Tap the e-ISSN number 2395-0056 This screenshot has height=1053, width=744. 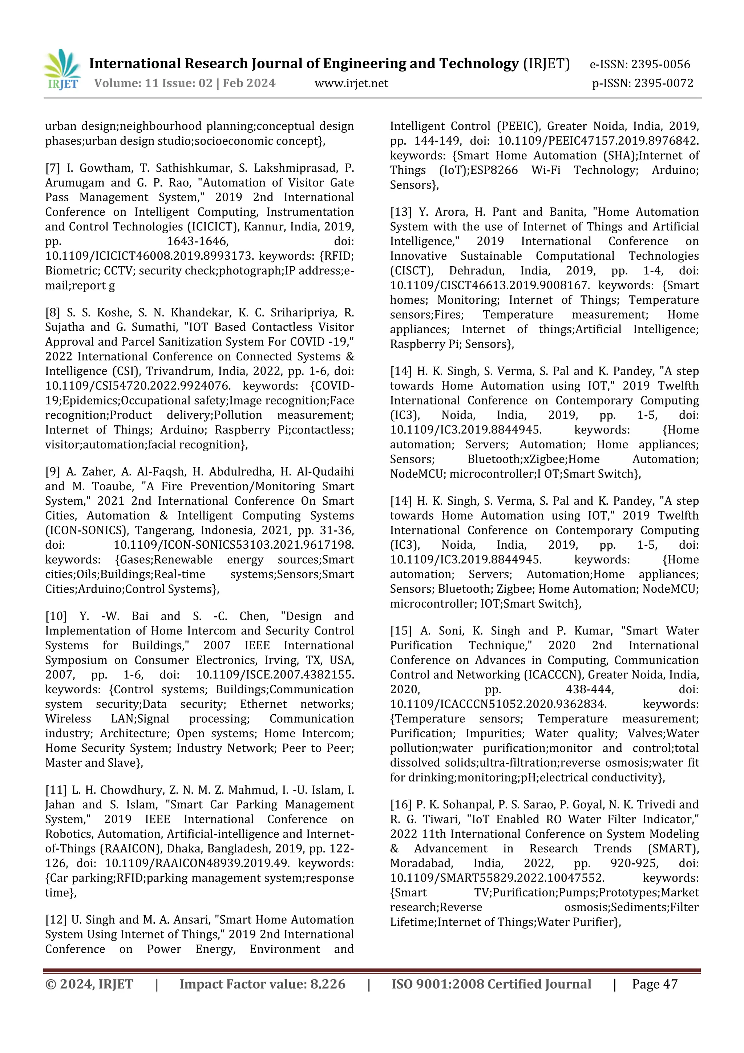(x=660, y=64)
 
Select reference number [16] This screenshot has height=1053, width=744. (x=401, y=804)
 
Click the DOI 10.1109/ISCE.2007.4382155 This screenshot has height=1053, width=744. (x=275, y=675)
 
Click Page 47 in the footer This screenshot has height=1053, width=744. (x=654, y=984)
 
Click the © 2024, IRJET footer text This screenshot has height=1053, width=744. (x=89, y=984)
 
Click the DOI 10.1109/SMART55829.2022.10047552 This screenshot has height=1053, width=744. (x=497, y=878)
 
